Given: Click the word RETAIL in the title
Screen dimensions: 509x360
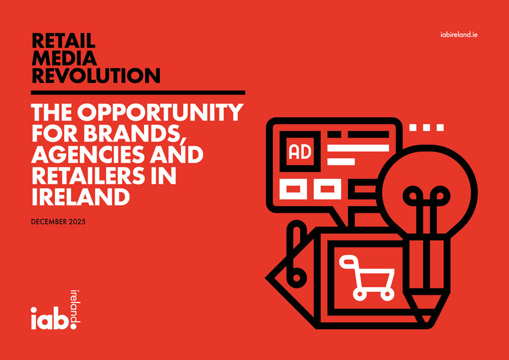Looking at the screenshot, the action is pyautogui.click(x=63, y=41).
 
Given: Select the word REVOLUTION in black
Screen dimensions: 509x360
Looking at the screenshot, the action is pyautogui.click(x=96, y=76).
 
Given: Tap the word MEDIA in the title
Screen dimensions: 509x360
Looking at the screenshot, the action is pyautogui.click(x=64, y=58).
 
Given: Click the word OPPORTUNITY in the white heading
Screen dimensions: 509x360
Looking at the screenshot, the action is pyautogui.click(x=160, y=112).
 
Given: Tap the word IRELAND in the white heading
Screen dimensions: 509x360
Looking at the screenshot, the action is pyautogui.click(x=80, y=198).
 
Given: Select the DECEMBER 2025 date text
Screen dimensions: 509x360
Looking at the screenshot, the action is pyautogui.click(x=59, y=223).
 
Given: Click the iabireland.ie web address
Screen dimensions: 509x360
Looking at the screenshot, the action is pyautogui.click(x=457, y=35).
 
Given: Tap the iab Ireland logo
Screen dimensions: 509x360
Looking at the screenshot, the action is pyautogui.click(x=55, y=310).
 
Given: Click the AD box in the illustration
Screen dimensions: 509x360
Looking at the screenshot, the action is pyautogui.click(x=300, y=152).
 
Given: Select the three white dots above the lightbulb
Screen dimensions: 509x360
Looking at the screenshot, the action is pyautogui.click(x=427, y=127).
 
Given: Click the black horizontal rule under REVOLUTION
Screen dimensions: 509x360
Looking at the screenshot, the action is pyautogui.click(x=138, y=93).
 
